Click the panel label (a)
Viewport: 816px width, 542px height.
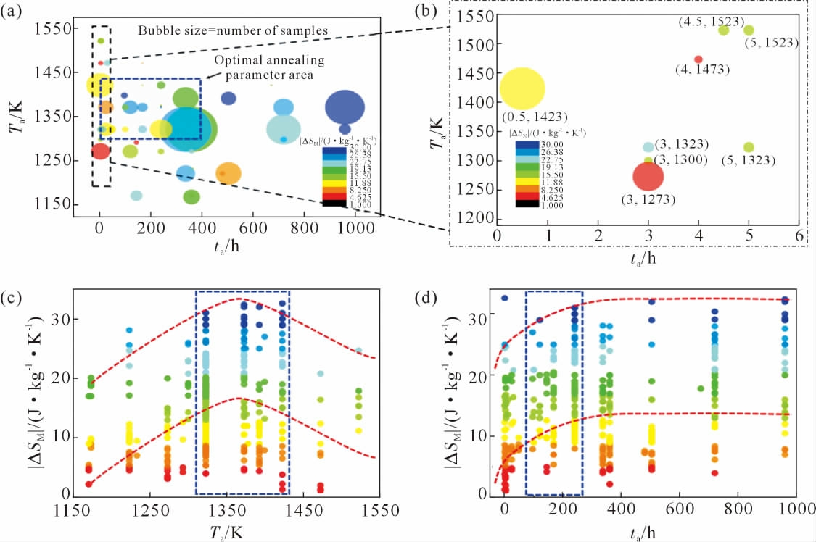click(12, 12)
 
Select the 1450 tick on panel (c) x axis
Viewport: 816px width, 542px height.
click(319, 511)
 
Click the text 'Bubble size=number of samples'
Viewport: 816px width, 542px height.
click(234, 31)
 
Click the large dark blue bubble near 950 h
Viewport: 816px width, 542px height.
click(345, 109)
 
